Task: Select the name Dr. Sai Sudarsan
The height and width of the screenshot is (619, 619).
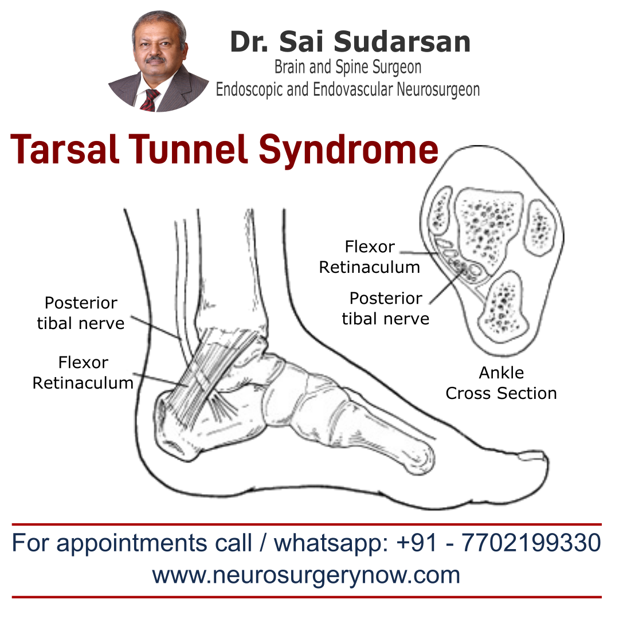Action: [x=350, y=42]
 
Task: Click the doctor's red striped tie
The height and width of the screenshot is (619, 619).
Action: [x=150, y=100]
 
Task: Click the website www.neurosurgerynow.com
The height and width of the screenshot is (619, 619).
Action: [x=306, y=575]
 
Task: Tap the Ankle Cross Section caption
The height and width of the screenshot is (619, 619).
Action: [x=501, y=383]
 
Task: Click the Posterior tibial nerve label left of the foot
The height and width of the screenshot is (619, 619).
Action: [x=81, y=313]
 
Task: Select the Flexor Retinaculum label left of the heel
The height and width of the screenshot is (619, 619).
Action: [x=83, y=373]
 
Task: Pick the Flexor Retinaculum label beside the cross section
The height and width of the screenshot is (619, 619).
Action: [x=370, y=257]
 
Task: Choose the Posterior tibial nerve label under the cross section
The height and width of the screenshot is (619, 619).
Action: [x=385, y=308]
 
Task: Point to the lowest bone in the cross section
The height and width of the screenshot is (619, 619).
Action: [x=504, y=304]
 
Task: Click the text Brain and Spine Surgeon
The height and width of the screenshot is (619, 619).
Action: [x=348, y=67]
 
